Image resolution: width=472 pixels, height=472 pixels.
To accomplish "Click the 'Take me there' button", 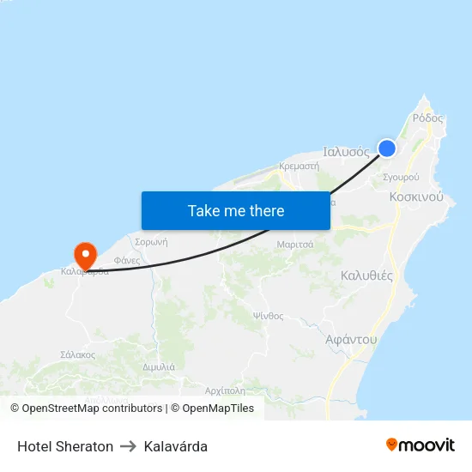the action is click(x=236, y=210).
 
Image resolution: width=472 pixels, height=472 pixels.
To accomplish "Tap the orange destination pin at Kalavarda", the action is click(x=85, y=255).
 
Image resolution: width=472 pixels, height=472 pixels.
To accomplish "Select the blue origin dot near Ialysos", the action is click(x=387, y=148).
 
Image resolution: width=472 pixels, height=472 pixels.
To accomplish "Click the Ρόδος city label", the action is click(x=427, y=118).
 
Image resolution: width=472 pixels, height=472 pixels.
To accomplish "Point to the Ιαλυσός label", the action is click(x=346, y=151).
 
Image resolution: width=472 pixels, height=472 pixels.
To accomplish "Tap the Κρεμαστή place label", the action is click(x=300, y=164).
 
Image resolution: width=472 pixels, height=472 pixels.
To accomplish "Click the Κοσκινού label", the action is click(x=416, y=197).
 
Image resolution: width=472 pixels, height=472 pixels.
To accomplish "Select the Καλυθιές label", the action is click(x=366, y=276).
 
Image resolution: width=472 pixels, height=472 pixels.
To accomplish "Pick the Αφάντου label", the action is click(x=351, y=339).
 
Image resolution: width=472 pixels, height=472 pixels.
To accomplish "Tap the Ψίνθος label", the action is click(x=268, y=316).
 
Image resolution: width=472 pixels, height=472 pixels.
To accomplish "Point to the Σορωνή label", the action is click(x=151, y=242).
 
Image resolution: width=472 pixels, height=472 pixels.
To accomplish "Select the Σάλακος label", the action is click(x=77, y=354).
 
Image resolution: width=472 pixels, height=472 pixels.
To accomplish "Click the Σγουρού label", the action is click(x=401, y=177).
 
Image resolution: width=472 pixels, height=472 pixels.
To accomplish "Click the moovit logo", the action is click(x=421, y=445).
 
